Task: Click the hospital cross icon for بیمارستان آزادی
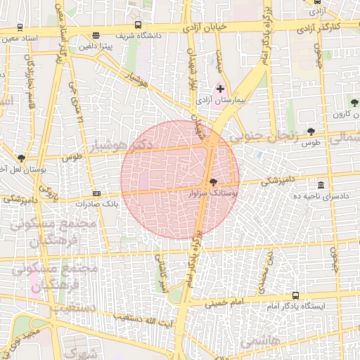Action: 221,89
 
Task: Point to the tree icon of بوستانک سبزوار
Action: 213,181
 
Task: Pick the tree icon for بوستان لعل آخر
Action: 21,159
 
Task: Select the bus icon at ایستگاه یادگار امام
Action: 295,296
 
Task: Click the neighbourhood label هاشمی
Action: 259,341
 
